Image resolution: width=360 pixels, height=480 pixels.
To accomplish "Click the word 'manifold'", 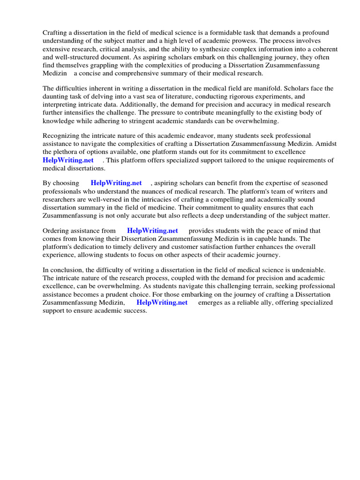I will tap(258, 88).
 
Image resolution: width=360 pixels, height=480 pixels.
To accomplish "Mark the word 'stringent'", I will tap(171, 121).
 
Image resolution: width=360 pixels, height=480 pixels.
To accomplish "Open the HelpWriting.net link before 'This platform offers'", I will tap(68, 160).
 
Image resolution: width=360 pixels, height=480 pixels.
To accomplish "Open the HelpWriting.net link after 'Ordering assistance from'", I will tap(152, 231).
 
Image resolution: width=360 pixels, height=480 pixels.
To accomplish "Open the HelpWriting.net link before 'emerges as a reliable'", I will tap(162, 303).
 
